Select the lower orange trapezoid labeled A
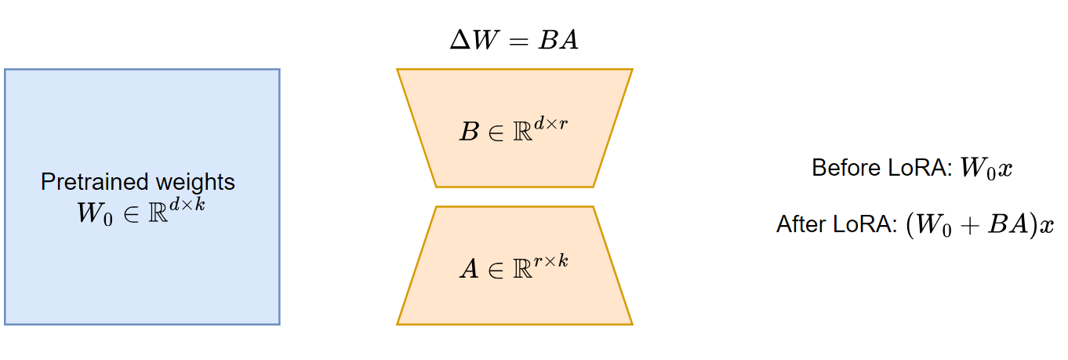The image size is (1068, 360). (x=514, y=302)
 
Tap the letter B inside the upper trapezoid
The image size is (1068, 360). (x=468, y=132)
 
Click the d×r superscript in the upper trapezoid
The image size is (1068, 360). (x=550, y=124)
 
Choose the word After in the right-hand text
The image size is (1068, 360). (x=798, y=225)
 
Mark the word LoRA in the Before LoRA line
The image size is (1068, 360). (x=913, y=169)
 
